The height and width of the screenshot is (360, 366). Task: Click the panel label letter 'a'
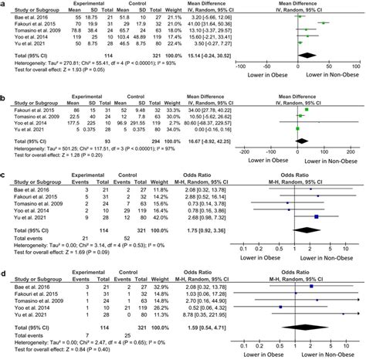4,4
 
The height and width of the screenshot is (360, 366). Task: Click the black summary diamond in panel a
314,56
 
